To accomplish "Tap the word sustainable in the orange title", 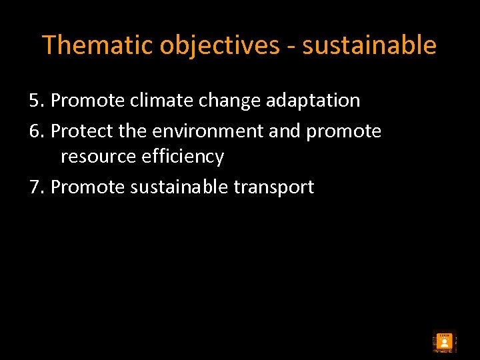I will click(x=369, y=45).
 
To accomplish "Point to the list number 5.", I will click(x=36, y=101).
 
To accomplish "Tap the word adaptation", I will click(x=313, y=101).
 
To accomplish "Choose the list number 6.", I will click(x=36, y=131).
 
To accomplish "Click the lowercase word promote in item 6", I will click(x=343, y=131).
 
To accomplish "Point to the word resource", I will click(x=97, y=157).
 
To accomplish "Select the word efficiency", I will click(x=181, y=157).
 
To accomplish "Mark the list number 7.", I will click(x=36, y=187).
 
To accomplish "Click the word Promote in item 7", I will click(x=87, y=187).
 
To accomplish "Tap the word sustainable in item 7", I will click(x=179, y=187).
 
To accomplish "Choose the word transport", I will click(x=273, y=187).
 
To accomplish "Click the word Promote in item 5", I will click(x=87, y=101).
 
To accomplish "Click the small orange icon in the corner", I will click(x=445, y=342).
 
